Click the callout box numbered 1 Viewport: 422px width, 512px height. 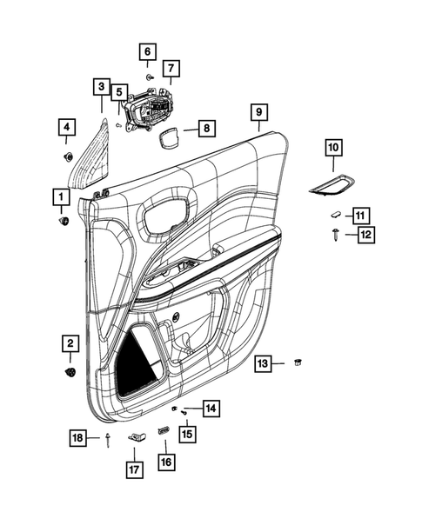tap(61, 198)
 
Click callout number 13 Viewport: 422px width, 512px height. tap(263, 361)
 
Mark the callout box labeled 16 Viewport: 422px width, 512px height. tap(165, 462)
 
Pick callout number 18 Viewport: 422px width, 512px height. tap(79, 439)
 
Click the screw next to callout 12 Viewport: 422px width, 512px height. tap(335, 233)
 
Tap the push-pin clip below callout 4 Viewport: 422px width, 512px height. tap(67, 157)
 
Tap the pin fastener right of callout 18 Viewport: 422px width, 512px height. tap(106, 439)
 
